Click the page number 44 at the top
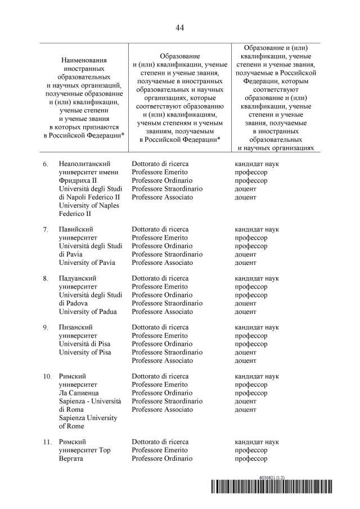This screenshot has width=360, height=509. (179, 28)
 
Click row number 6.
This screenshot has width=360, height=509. (46, 164)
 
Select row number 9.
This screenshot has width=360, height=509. (46, 327)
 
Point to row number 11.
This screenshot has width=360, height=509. (47, 442)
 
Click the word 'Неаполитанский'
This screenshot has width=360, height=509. (83, 164)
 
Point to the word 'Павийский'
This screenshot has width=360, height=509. (76, 229)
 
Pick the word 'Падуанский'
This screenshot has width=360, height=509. (78, 278)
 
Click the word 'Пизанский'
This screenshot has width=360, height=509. (76, 327)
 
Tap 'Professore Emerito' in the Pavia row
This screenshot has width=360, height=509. (160, 238)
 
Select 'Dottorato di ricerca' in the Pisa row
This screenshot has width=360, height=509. (160, 327)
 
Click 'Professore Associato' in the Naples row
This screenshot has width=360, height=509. (162, 197)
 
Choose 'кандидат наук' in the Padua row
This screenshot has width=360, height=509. (256, 278)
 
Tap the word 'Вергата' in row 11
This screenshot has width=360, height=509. (71, 458)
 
